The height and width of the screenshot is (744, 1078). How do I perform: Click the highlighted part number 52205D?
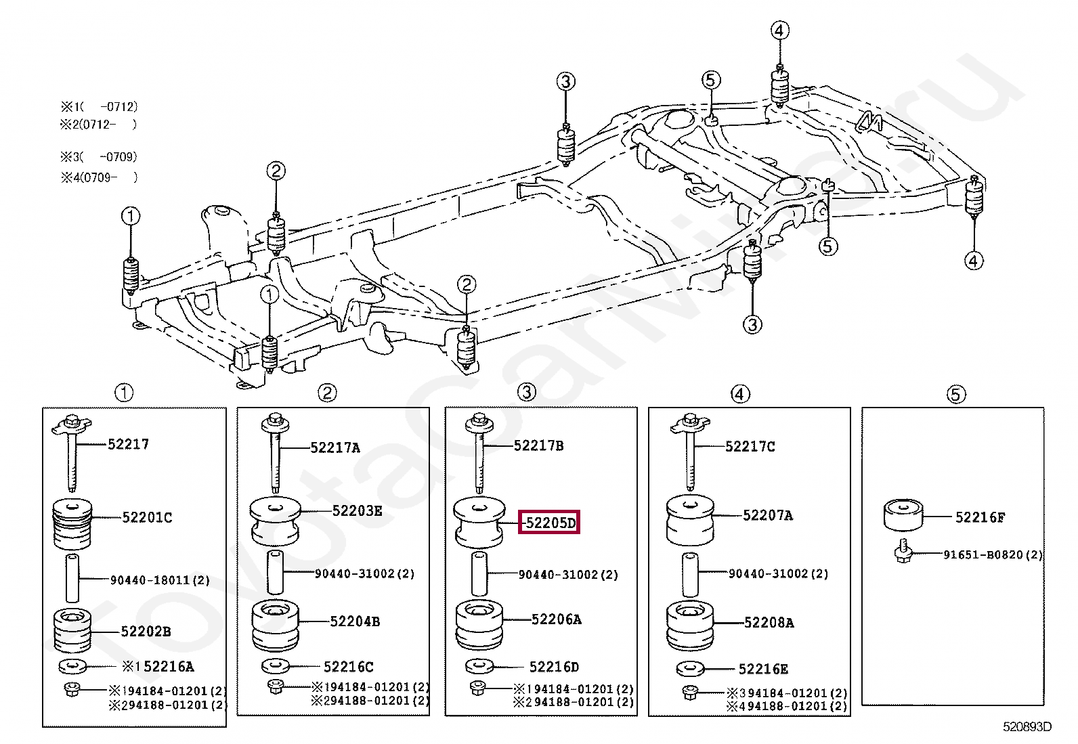point(549,523)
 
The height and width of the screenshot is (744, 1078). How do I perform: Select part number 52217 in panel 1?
point(128,444)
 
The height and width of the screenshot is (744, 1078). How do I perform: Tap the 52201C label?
point(147,517)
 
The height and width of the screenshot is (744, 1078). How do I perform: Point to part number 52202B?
point(146,632)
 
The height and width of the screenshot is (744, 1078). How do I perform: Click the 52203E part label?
point(357,511)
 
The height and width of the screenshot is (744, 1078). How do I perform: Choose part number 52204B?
point(355,621)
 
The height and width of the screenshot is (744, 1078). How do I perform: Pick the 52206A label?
point(556,619)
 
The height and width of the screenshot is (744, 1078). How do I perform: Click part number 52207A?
point(768,515)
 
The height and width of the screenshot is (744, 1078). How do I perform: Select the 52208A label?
point(769,622)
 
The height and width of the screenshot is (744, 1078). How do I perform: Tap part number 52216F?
point(980,517)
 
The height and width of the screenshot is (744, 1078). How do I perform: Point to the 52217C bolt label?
point(750,446)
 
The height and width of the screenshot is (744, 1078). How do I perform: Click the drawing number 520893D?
point(1027,726)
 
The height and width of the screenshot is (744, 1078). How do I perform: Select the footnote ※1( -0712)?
point(99,106)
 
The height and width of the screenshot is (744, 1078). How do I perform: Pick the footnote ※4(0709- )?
point(99,177)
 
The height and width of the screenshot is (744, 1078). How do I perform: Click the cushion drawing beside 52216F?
point(903,515)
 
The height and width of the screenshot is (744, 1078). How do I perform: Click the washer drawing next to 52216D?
point(480,666)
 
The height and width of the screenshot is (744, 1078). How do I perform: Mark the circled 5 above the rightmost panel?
point(955,394)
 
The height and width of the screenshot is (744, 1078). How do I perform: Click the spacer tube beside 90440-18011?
point(72,578)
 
